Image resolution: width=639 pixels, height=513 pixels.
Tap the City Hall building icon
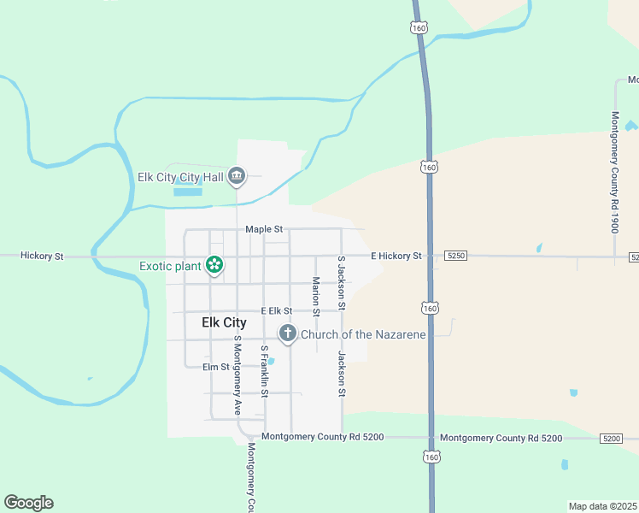pyautogui.click(x=237, y=177)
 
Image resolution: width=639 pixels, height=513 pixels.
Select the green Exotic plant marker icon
pyautogui.click(x=214, y=266)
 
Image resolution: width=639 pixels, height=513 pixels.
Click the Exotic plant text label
pyautogui.click(x=170, y=266)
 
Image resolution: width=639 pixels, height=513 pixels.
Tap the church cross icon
pyautogui.click(x=288, y=333)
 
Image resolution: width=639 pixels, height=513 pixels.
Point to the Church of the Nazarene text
pyautogui.click(x=363, y=334)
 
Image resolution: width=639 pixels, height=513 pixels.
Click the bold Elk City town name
pyautogui.click(x=224, y=322)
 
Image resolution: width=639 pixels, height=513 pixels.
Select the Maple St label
pyautogui.click(x=263, y=229)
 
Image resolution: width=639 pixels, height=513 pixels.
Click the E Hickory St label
pyautogui.click(x=396, y=256)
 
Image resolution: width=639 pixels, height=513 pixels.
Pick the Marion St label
pyautogui.click(x=315, y=297)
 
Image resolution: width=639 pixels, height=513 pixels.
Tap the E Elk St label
pyautogui.click(x=277, y=310)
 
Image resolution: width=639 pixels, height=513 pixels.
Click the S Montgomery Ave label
pyautogui.click(x=237, y=375)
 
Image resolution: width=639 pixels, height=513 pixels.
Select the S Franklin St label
pyautogui.click(x=265, y=372)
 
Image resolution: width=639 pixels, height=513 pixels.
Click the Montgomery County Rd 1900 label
pyautogui.click(x=613, y=162)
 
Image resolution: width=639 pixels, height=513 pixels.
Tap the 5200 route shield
pyautogui.click(x=610, y=438)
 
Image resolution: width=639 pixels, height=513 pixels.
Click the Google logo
pyautogui.click(x=28, y=503)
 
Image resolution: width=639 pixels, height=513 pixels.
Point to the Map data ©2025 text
pyautogui.click(x=603, y=506)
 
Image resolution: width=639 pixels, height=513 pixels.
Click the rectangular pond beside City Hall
pyautogui.click(x=188, y=192)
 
